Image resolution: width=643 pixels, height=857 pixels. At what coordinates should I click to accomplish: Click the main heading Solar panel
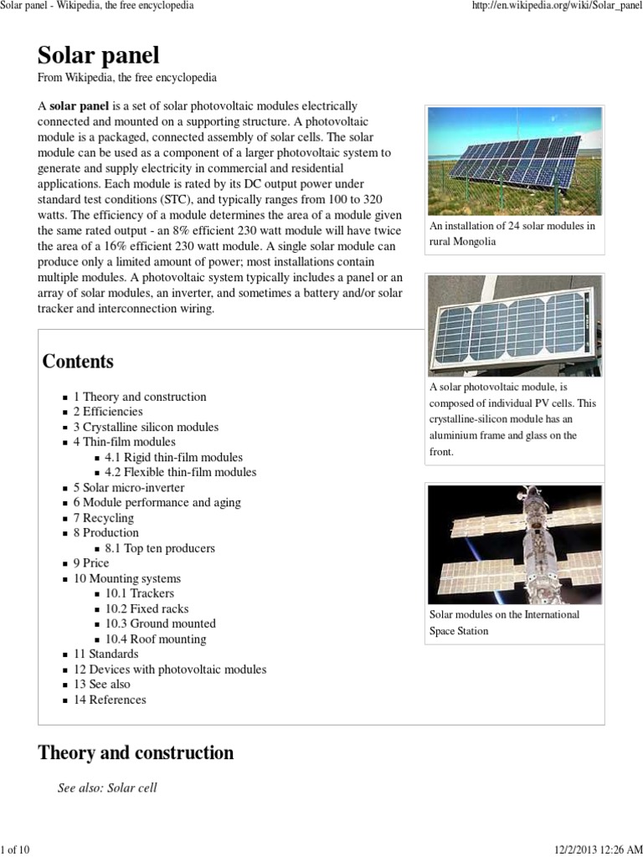click(98, 55)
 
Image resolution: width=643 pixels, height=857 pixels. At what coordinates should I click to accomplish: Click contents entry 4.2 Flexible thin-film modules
click(181, 472)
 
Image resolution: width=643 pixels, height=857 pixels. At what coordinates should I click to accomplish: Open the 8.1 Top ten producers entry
click(160, 548)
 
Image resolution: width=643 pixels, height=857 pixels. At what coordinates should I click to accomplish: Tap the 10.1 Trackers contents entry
click(140, 593)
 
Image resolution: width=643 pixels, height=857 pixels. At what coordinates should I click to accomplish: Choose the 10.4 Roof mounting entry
click(156, 639)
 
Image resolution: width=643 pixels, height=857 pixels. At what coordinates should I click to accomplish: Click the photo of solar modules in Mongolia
click(514, 161)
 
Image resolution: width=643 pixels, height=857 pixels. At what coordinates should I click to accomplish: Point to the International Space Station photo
click(514, 544)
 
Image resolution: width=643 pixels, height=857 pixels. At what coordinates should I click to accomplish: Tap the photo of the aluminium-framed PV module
click(514, 326)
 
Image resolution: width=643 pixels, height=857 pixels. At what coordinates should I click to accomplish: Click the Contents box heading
click(78, 362)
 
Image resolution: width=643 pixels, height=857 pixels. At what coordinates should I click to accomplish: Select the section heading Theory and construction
click(136, 752)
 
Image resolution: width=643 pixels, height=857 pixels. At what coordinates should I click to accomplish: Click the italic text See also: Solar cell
click(107, 788)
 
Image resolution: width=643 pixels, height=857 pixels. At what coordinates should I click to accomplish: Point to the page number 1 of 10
click(16, 849)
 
